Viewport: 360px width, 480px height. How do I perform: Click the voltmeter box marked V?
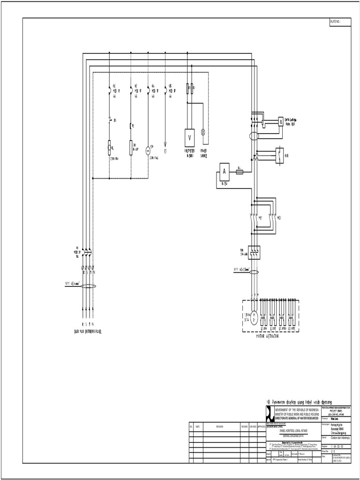pyautogui.click(x=190, y=137)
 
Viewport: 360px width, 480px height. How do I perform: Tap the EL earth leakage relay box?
pyautogui.click(x=281, y=120)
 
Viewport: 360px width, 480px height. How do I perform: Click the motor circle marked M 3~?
pyautogui.click(x=253, y=317)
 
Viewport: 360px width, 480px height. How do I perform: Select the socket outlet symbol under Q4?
pyautogui.click(x=148, y=150)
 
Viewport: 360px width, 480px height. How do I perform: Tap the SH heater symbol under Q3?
pyautogui.click(x=131, y=147)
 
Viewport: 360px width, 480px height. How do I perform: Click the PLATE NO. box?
pyautogui.click(x=339, y=22)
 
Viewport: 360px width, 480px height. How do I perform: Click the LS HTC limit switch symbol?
pyautogui.click(x=292, y=318)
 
